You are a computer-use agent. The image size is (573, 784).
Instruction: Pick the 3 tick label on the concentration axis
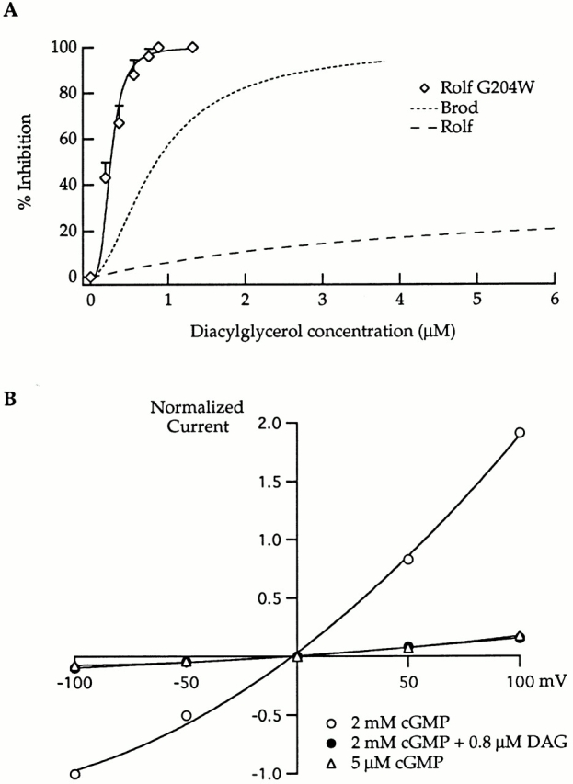pos(322,300)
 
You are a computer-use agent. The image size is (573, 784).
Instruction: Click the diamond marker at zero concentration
pos(90,277)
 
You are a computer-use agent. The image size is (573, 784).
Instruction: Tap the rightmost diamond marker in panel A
pos(192,48)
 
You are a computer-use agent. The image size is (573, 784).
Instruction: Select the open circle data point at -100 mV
pos(74,773)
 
